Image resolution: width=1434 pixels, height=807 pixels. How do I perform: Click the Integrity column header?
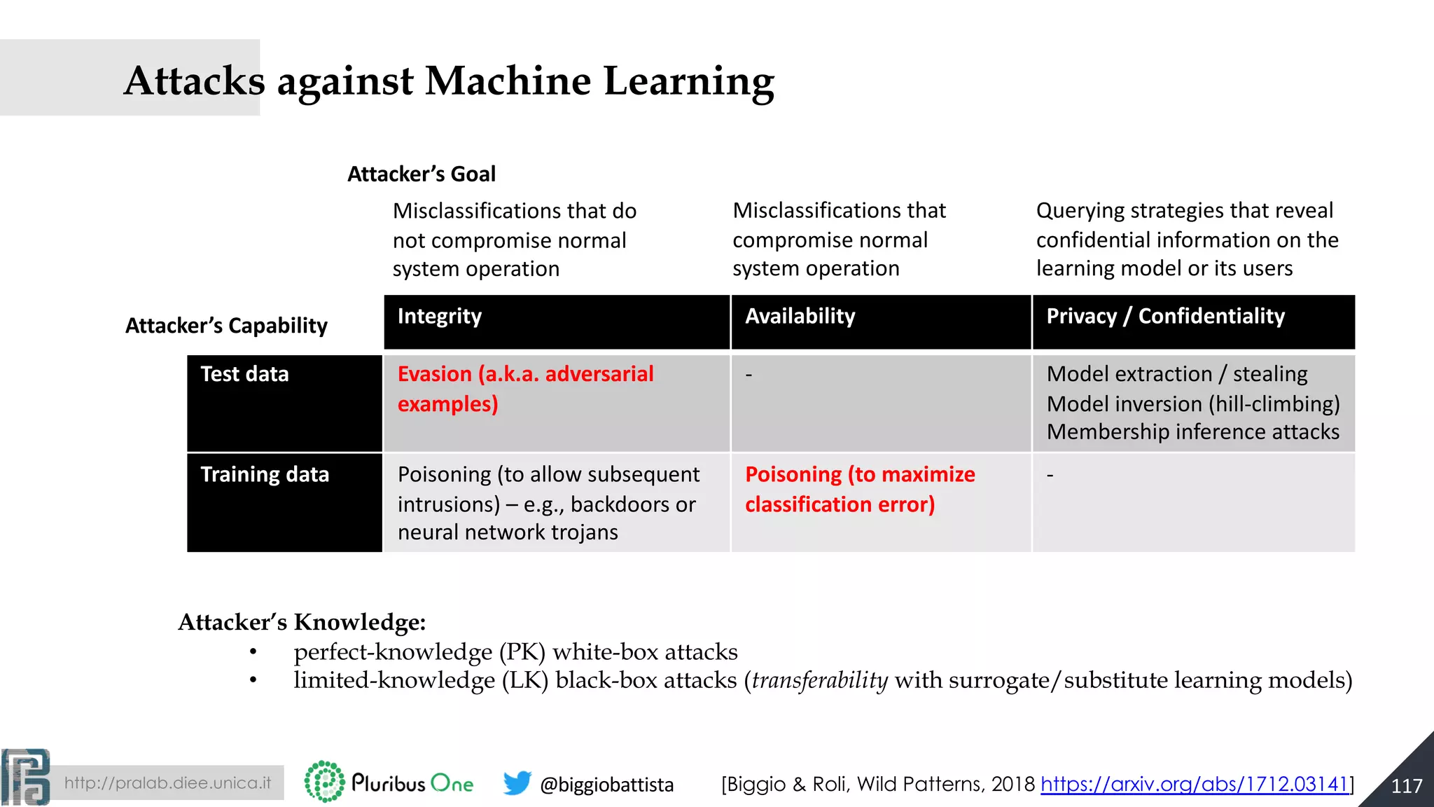(440, 317)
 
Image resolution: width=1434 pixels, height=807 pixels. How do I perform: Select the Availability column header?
(800, 317)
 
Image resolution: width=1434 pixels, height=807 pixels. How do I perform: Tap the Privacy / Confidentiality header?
(1165, 317)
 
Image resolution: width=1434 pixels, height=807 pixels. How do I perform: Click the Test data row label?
(244, 375)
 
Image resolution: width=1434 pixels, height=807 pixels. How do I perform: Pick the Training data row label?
(264, 475)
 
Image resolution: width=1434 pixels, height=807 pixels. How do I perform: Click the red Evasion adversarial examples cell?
(525, 389)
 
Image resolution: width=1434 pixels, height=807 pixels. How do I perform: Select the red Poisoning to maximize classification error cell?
(859, 489)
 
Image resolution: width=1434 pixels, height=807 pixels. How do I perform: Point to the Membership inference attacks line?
(1192, 432)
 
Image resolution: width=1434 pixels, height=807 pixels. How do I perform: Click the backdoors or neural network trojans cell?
(548, 504)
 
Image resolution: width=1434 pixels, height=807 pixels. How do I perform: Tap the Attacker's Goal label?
(422, 174)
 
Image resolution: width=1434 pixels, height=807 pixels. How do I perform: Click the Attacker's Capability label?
(226, 326)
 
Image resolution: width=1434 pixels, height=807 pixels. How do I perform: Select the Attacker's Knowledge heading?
(302, 622)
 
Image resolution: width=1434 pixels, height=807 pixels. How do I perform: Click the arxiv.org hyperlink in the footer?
(1195, 784)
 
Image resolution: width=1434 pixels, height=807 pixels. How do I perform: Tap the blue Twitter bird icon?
(517, 782)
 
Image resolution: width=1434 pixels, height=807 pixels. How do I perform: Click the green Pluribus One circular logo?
(324, 781)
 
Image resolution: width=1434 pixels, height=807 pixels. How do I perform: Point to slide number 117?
(1406, 786)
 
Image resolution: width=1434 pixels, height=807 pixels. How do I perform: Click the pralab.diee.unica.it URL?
(167, 783)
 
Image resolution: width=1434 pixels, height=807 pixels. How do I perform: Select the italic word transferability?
(820, 680)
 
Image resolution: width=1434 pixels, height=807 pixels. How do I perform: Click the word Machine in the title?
(508, 81)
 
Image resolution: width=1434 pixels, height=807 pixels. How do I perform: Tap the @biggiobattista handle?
(606, 785)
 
